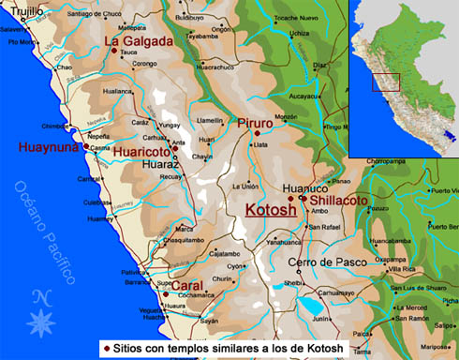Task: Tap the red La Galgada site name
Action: pos(138,41)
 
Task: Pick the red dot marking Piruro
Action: pos(256,134)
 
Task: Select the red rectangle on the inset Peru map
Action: pos(386,82)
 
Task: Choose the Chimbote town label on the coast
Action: pos(54,125)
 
